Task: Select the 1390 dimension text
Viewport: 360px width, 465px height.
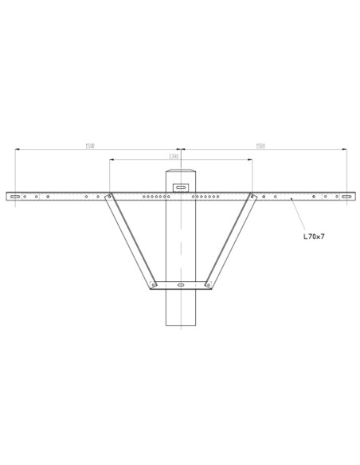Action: click(173, 157)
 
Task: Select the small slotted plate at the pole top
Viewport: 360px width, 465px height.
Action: click(181, 188)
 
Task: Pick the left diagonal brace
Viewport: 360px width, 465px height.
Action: click(130, 240)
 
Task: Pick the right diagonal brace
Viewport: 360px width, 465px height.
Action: click(231, 240)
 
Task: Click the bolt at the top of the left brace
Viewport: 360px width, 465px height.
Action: click(109, 196)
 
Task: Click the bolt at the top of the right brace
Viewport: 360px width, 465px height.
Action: click(252, 196)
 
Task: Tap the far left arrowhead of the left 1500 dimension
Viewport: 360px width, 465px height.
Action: click(16, 149)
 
